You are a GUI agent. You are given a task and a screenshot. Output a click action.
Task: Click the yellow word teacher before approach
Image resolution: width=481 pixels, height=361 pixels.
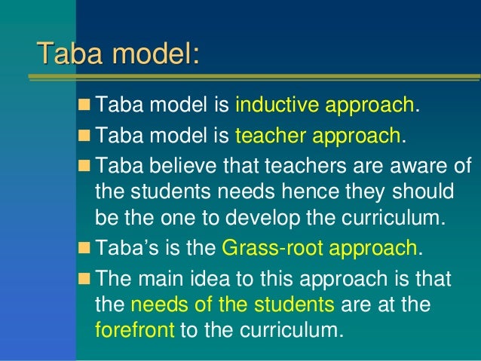tap(271, 136)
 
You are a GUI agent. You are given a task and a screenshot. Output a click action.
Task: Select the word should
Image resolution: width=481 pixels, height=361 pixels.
tap(419, 193)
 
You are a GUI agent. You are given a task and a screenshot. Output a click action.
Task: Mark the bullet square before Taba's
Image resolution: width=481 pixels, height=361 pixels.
tap(84, 248)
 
